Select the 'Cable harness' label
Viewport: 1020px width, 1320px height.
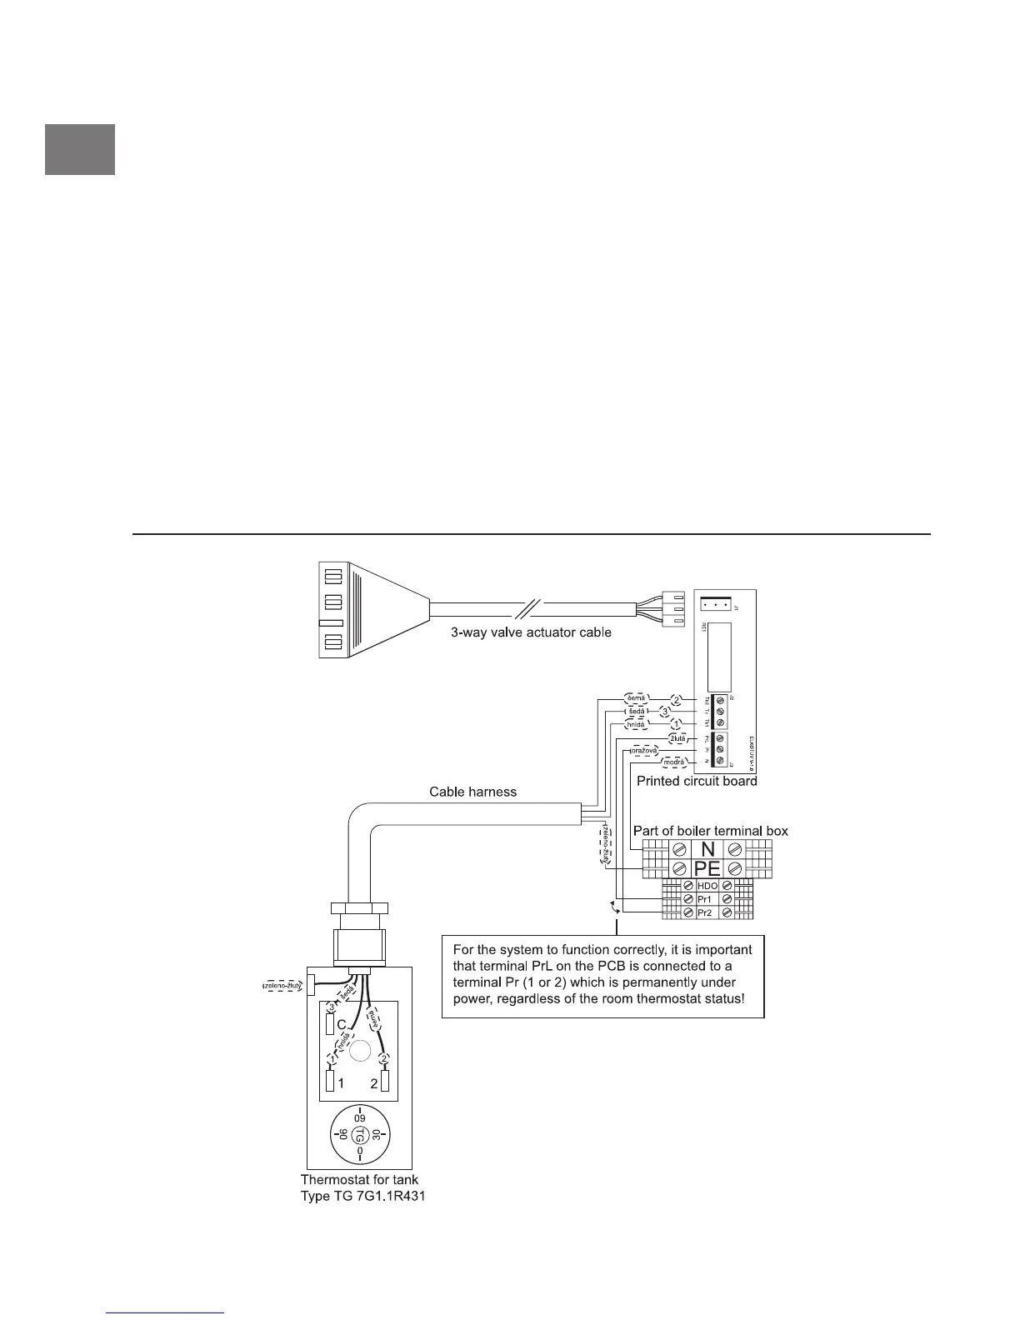click(x=472, y=791)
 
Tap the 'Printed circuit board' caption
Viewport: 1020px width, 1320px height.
click(x=697, y=781)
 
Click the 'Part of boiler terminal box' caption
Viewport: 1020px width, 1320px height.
click(x=710, y=831)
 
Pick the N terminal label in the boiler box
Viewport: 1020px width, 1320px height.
click(x=707, y=849)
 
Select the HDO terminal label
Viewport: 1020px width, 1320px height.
click(x=707, y=886)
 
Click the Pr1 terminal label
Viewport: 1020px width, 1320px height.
click(x=706, y=900)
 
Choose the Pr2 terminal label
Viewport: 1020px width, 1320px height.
click(x=706, y=913)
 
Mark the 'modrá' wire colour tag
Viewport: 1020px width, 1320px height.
click(x=674, y=762)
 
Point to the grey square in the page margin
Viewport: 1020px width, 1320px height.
click(x=80, y=150)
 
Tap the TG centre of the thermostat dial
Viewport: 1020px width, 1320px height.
click(x=359, y=1134)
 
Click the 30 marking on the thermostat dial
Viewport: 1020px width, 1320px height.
click(x=377, y=1134)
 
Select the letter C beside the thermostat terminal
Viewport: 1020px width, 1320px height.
click(x=341, y=1024)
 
